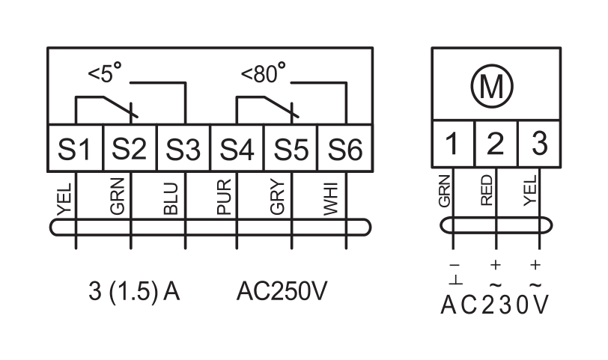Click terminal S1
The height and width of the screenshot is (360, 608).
(x=75, y=147)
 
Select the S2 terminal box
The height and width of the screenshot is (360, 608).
(x=130, y=147)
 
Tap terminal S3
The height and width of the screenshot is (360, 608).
(x=183, y=147)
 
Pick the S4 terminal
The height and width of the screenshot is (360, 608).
(x=237, y=147)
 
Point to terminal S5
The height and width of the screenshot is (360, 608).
(x=291, y=147)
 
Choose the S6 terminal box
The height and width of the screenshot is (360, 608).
(x=345, y=147)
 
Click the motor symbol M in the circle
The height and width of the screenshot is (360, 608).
(x=492, y=85)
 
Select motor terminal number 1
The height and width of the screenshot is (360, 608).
(x=453, y=144)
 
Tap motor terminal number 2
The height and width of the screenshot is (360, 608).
(x=496, y=144)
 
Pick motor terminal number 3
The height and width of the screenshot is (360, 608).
(x=539, y=144)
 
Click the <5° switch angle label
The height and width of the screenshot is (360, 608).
(x=105, y=73)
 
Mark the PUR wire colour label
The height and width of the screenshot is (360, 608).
(x=224, y=197)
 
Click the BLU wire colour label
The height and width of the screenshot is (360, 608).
(x=171, y=198)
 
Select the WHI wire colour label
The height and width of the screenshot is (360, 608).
(x=331, y=198)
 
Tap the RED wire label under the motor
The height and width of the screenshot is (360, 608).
(x=486, y=190)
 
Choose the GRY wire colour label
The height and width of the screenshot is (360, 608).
(x=278, y=198)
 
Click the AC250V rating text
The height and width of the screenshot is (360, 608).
(x=282, y=291)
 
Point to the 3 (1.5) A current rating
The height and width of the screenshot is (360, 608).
(x=134, y=291)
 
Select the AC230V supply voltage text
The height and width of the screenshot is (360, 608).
(x=495, y=304)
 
